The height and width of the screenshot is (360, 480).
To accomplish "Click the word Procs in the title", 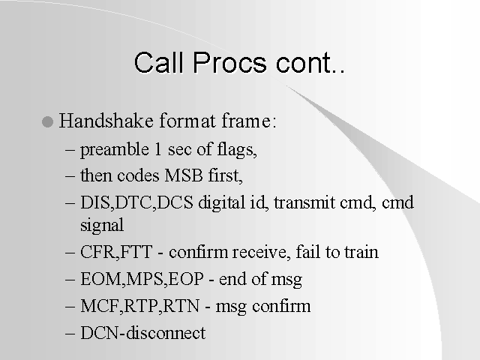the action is click(x=229, y=63).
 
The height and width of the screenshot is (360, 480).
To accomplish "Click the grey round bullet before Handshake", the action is click(x=47, y=121).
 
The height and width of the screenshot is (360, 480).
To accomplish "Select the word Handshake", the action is click(x=106, y=120).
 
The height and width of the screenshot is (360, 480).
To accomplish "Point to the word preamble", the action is click(x=115, y=150).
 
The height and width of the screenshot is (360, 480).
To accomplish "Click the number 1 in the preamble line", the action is click(x=158, y=149).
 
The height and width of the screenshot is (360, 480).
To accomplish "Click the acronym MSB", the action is click(x=184, y=175).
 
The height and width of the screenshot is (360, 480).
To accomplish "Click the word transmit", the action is click(x=304, y=202).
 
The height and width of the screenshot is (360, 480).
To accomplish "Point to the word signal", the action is click(x=102, y=226).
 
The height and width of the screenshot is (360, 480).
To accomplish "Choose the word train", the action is click(x=361, y=252).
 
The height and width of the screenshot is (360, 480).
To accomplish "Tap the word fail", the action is click(x=307, y=251).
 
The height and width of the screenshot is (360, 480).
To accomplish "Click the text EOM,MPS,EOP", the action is click(x=142, y=279).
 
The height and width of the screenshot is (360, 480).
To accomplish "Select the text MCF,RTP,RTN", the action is click(x=140, y=306).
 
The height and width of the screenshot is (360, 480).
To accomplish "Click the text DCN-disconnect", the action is click(x=143, y=333).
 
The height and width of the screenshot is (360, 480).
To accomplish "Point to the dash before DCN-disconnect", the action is click(x=70, y=333).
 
